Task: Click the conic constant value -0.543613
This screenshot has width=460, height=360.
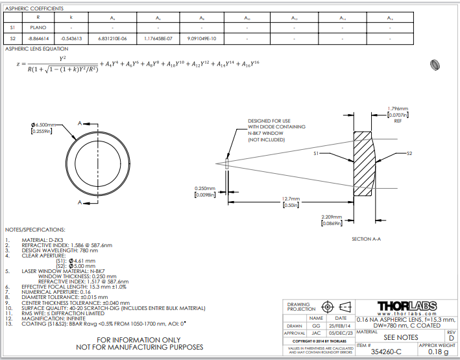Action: (x=72, y=39)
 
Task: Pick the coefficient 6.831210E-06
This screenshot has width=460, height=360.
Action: (x=115, y=39)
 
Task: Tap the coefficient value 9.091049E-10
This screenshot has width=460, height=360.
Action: (x=202, y=39)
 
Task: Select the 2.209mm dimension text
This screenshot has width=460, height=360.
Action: (x=332, y=217)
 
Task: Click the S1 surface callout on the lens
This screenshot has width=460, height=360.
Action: (x=317, y=154)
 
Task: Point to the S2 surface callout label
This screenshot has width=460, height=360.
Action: (x=409, y=154)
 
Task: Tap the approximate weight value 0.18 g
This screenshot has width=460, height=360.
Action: (x=438, y=351)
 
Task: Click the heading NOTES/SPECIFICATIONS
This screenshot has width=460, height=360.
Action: (x=35, y=230)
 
